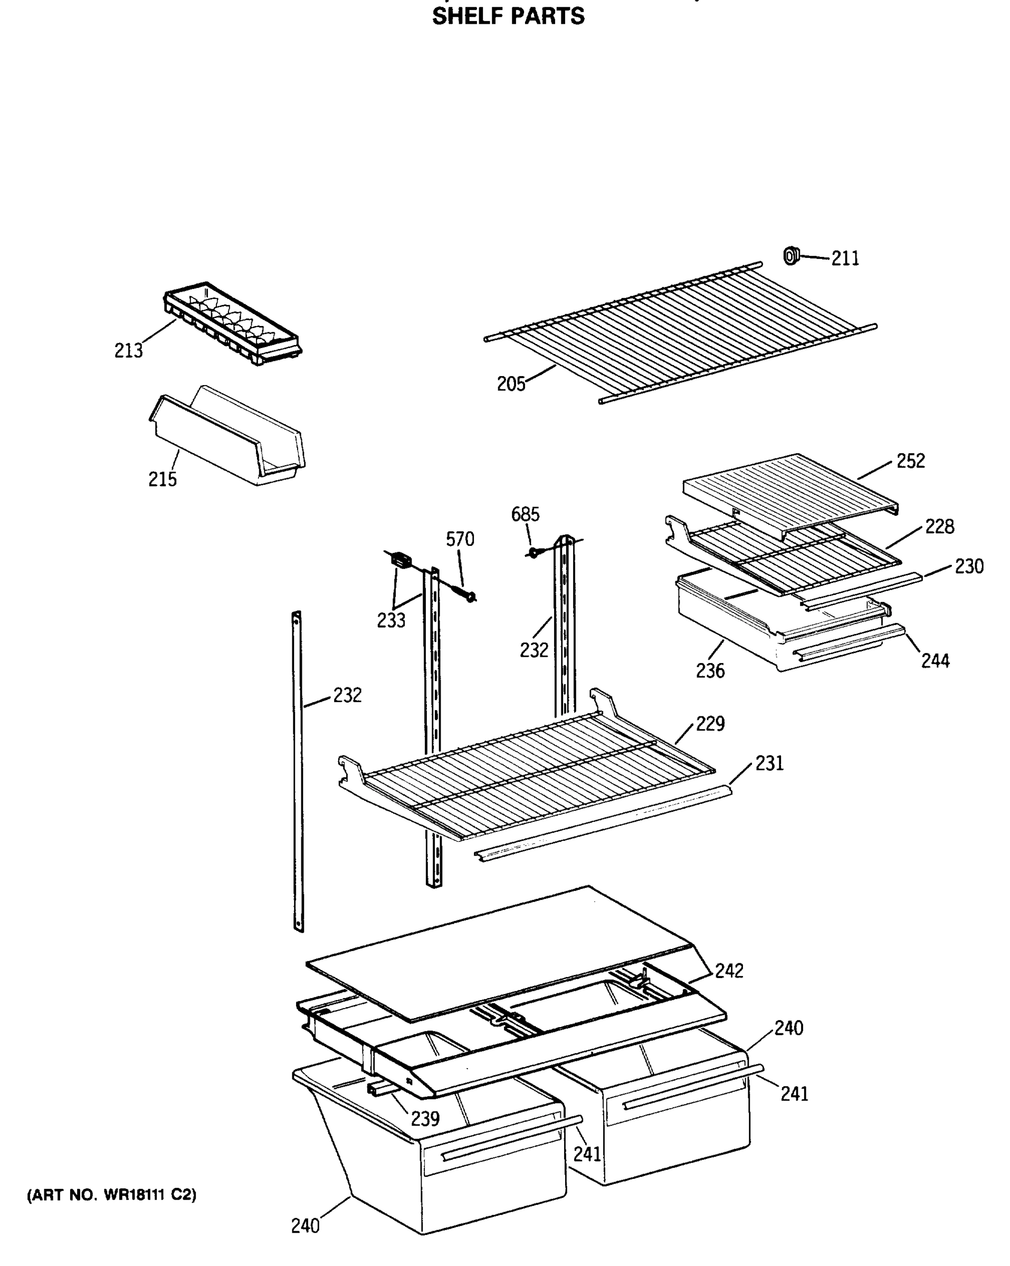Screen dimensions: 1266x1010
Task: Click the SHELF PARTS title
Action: click(508, 16)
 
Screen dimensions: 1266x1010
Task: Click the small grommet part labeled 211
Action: click(792, 256)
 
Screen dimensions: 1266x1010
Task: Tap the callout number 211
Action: click(845, 258)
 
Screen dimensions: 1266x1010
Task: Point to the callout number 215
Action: click(162, 479)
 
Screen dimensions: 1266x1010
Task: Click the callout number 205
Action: click(511, 384)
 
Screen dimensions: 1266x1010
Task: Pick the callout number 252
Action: click(910, 461)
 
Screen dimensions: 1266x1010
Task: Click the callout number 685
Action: click(525, 514)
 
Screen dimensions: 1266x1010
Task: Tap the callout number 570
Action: click(460, 539)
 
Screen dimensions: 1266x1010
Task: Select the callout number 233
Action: click(390, 620)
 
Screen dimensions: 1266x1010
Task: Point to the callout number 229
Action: click(710, 723)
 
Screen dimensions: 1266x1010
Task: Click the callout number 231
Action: click(769, 763)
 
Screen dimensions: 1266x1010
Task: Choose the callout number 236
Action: click(710, 670)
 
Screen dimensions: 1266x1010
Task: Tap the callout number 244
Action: click(935, 661)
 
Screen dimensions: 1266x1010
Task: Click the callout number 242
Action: click(729, 971)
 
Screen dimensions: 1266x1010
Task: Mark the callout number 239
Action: click(425, 1119)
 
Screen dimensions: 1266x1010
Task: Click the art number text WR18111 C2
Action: click(112, 1194)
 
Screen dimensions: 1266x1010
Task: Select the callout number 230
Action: click(968, 567)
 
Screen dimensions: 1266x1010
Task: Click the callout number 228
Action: click(939, 527)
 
